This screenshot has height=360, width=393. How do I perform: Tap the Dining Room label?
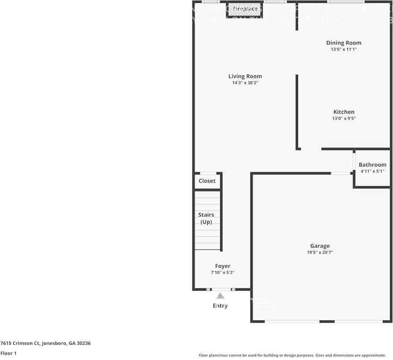point(343,43)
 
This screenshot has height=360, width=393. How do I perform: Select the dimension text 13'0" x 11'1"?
point(343,50)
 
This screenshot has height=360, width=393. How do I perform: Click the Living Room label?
point(245,76)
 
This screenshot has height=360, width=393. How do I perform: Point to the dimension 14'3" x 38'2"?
point(245,83)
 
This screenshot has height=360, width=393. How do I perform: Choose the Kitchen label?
point(344,112)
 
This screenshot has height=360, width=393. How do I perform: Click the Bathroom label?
point(372,165)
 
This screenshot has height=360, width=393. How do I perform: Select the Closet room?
point(207,181)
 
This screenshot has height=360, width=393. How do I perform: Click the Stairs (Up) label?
point(206,218)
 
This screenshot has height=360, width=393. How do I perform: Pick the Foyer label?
point(223,266)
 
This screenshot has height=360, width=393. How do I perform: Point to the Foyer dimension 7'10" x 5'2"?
point(223,273)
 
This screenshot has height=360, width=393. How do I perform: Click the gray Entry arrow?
point(220,296)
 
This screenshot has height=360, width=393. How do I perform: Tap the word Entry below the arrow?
point(220,306)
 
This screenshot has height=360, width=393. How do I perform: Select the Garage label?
point(320,246)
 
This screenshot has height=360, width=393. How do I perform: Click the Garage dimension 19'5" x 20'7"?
point(320,253)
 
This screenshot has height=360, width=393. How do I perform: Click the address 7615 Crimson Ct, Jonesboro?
point(46,343)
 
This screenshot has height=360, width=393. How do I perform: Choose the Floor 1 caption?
point(8,353)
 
